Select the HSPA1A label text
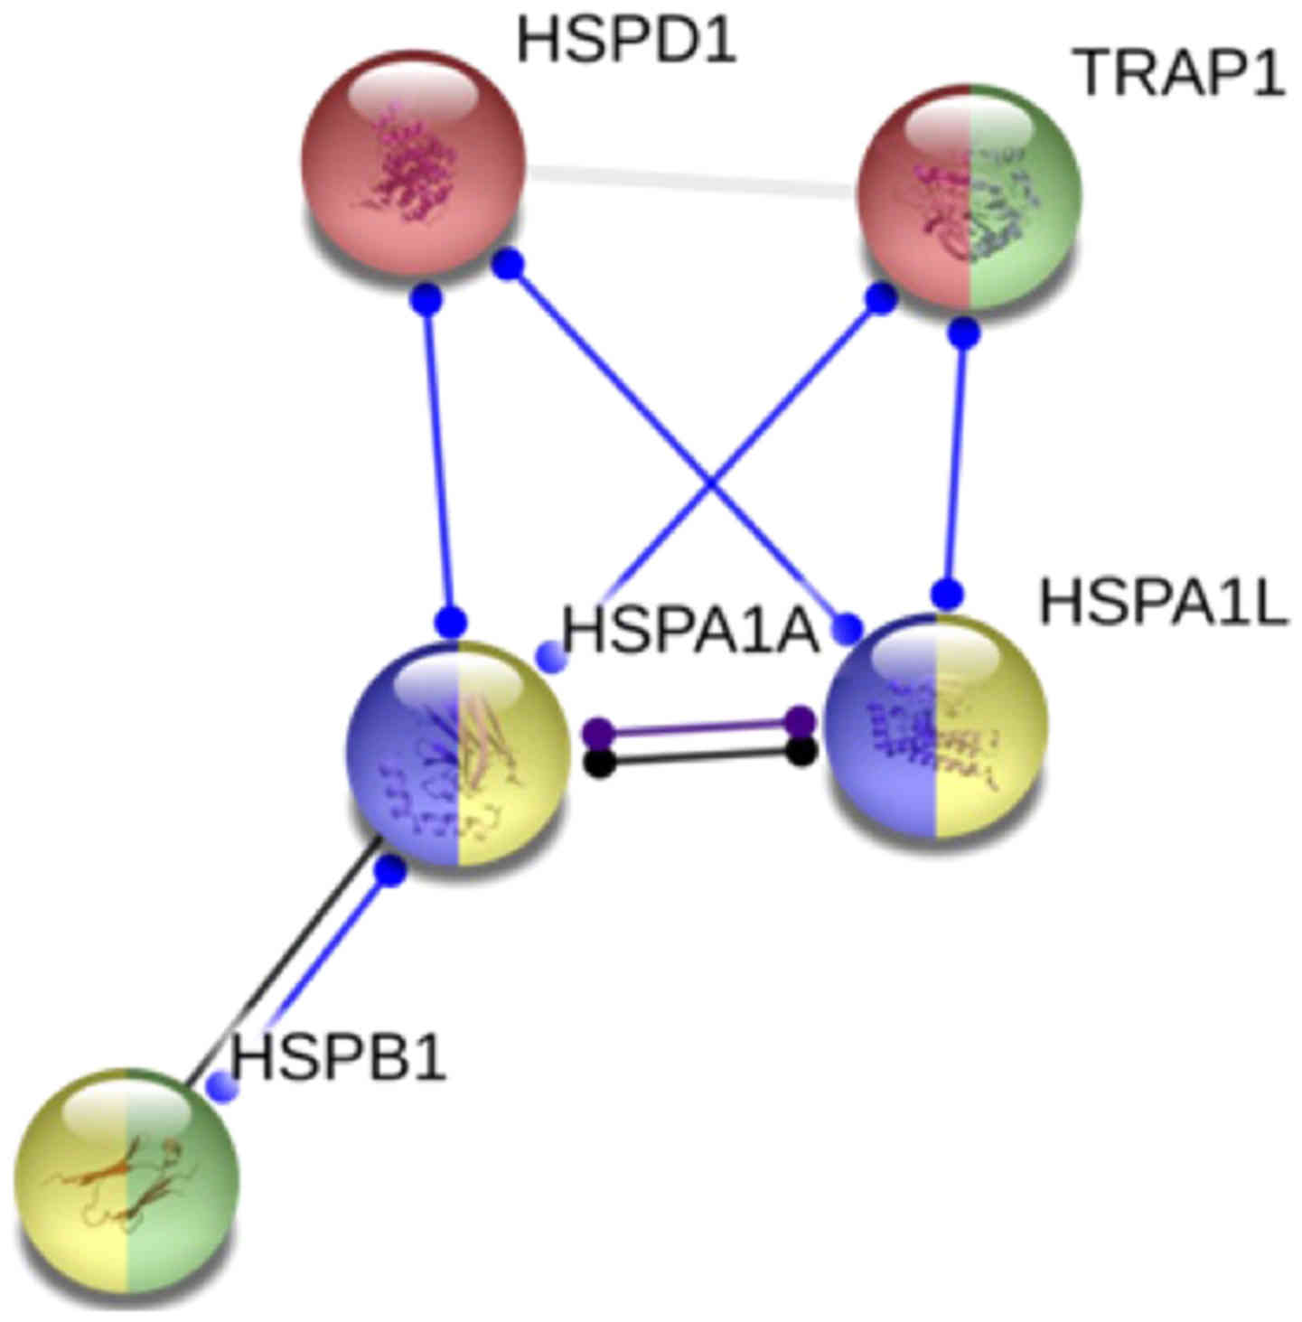coord(690,630)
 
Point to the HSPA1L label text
coord(1163,603)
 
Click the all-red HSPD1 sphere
coord(413,163)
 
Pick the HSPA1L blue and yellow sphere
coord(936,726)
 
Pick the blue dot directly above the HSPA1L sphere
coord(947,594)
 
